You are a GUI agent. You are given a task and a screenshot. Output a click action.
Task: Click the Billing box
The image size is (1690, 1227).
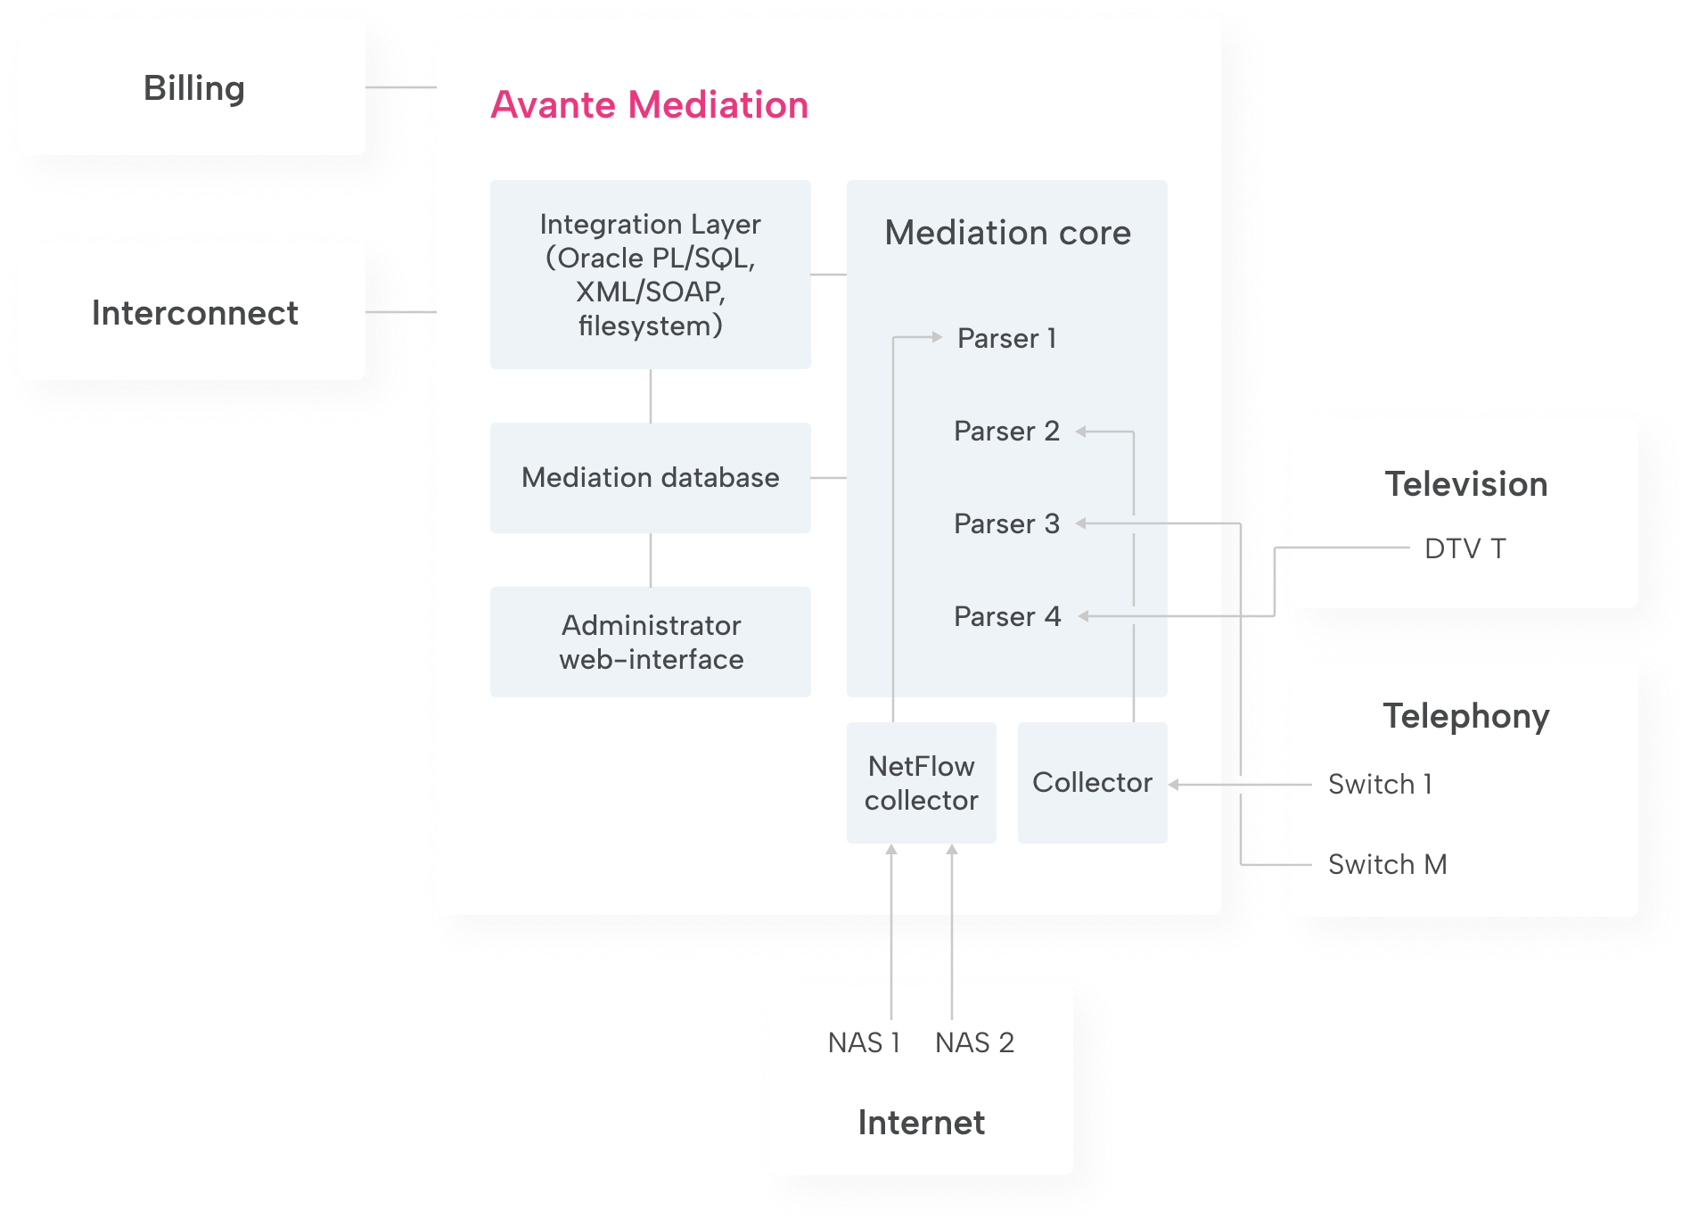coord(193,88)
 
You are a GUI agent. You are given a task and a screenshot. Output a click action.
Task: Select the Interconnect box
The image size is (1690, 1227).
coord(193,313)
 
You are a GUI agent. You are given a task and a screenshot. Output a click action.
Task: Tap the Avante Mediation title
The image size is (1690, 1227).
coord(649,105)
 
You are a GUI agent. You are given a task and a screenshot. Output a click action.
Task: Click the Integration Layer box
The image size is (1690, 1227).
coord(650,275)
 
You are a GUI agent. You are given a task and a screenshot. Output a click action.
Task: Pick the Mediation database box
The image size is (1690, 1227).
coord(650,478)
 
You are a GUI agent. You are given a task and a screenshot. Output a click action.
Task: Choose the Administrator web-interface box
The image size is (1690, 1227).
coord(650,642)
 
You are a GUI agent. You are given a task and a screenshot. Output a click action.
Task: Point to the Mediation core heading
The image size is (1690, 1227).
coord(1007,233)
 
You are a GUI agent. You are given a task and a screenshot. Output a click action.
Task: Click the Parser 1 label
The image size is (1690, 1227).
coord(1006,339)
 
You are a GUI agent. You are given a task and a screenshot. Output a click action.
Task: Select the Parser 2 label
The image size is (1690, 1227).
coord(1006,432)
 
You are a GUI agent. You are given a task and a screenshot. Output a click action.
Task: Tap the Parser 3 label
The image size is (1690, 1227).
coord(1006,524)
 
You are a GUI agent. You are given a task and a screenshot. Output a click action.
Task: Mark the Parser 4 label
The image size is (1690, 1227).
coord(1006,617)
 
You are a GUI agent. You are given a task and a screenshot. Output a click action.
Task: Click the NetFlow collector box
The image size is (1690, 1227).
coord(921,783)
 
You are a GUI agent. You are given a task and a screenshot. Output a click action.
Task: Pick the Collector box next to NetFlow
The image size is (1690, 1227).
coord(1092,783)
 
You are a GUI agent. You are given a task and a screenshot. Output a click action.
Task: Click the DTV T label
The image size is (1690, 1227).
coord(1464,548)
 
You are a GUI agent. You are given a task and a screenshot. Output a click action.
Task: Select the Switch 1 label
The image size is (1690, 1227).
coord(1380,785)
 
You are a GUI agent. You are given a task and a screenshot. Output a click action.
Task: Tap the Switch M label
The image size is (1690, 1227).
coord(1387,865)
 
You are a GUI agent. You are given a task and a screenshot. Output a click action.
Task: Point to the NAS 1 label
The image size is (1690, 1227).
coord(864,1042)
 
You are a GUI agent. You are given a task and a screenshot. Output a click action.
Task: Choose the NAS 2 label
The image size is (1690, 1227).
coord(974,1042)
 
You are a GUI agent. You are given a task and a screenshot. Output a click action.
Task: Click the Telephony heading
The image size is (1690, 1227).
coord(1465,716)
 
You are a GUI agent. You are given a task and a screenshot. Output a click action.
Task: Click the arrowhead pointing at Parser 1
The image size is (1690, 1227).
coord(937,337)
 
